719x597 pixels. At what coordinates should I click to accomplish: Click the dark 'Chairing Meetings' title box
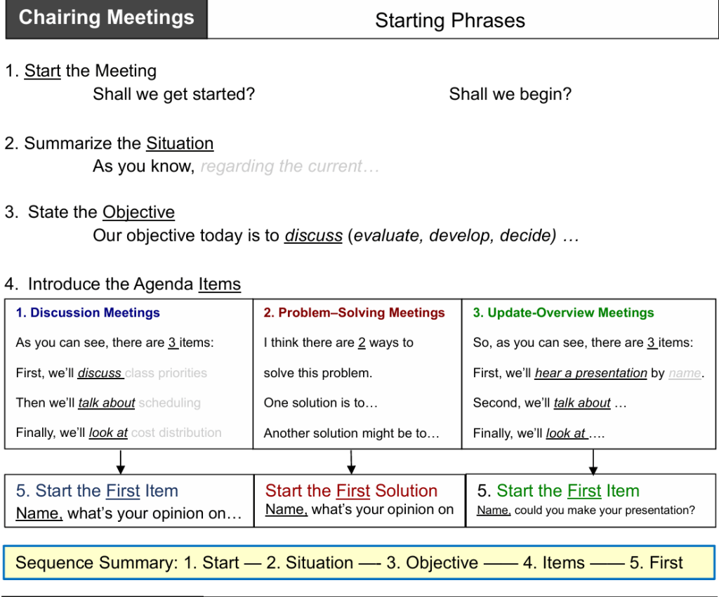(106, 19)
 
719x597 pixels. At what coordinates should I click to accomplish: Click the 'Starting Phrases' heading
(449, 20)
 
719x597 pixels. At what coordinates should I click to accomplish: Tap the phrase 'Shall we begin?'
(510, 94)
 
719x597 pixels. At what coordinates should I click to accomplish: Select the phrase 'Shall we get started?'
(173, 94)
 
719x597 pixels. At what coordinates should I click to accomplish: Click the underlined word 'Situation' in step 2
(180, 144)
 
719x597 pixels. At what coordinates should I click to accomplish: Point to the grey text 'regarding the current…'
(289, 166)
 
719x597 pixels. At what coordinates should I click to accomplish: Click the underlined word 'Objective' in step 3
(138, 213)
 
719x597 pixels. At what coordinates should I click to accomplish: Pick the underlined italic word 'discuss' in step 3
(313, 236)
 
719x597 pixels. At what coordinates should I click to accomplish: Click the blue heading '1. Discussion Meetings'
(88, 313)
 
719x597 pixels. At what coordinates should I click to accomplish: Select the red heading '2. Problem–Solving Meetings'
(354, 313)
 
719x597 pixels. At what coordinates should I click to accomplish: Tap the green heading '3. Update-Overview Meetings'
(563, 313)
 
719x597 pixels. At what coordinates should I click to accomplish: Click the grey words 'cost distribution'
(176, 433)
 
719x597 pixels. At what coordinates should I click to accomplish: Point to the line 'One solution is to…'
(320, 403)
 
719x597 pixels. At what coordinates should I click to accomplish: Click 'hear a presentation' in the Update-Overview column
(591, 374)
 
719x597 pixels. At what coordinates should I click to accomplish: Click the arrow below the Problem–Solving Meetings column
(352, 462)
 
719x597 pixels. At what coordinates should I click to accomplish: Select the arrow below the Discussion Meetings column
(121, 462)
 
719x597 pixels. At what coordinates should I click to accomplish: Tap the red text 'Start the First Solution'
(351, 491)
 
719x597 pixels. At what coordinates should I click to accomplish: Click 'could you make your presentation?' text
(605, 511)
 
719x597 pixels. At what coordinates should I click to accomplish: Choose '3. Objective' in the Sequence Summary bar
(432, 563)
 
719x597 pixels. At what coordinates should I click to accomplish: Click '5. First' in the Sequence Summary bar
(656, 563)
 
